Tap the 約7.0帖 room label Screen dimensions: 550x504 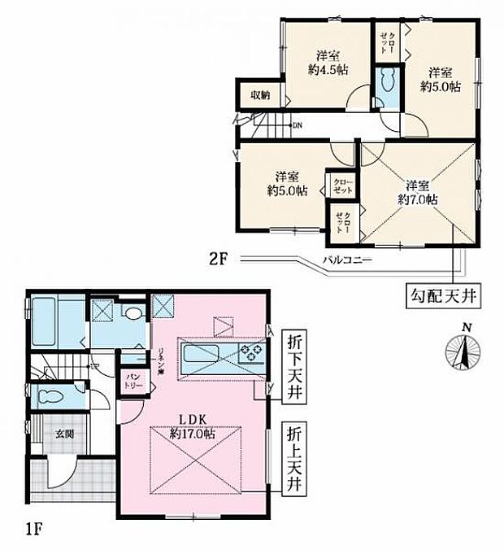418,191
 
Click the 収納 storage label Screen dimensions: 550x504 259,95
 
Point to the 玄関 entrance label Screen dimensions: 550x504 64,434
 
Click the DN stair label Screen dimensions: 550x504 297,125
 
